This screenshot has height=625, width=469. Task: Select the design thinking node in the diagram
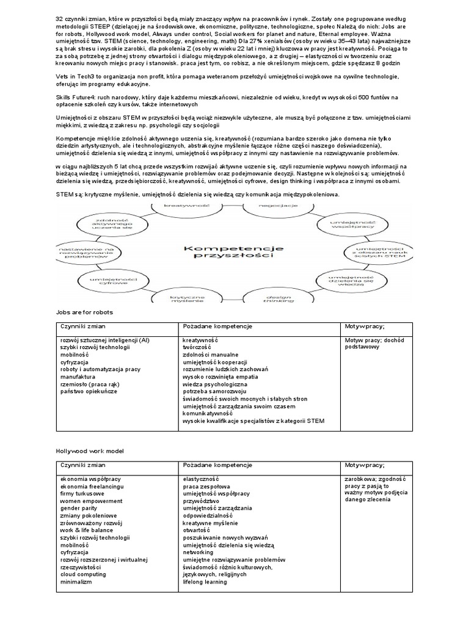pyautogui.click(x=274, y=297)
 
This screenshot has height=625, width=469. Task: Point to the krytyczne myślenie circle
pyautogui.click(x=174, y=297)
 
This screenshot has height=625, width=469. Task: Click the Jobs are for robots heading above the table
pyautogui.click(x=84, y=312)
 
